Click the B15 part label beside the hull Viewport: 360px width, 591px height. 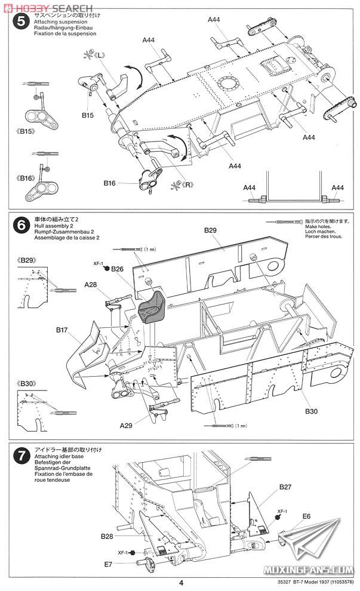[87, 115]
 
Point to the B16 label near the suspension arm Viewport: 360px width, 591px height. [109, 183]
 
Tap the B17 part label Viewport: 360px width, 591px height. [64, 330]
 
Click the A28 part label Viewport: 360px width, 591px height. [91, 285]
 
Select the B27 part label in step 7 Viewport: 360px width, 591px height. [285, 487]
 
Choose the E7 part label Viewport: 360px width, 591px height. [108, 563]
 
